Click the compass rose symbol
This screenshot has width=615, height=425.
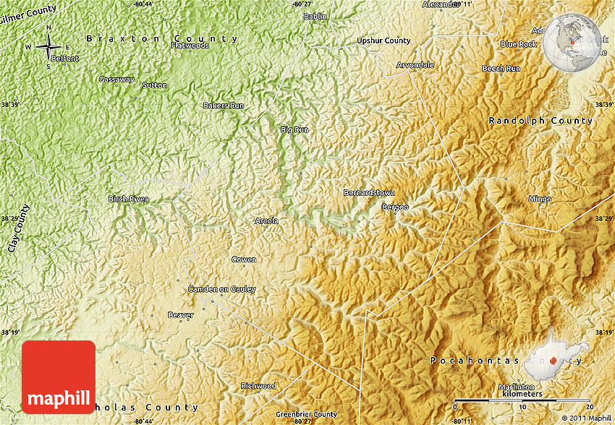click(x=48, y=48)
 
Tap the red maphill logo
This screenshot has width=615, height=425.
click(x=59, y=377)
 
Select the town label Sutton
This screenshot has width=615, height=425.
click(x=154, y=85)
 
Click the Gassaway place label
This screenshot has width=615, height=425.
click(x=116, y=79)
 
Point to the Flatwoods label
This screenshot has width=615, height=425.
click(x=190, y=46)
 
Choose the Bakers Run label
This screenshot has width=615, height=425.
click(x=224, y=106)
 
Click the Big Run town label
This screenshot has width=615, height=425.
click(x=294, y=129)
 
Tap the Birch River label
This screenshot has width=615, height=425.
click(x=128, y=199)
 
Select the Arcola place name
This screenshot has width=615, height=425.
click(x=266, y=221)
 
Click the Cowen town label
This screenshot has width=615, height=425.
click(x=243, y=259)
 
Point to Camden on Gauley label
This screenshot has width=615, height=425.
click(x=222, y=289)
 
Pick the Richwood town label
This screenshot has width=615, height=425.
click(x=258, y=386)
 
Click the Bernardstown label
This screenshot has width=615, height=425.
click(x=369, y=193)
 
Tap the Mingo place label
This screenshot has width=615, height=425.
click(x=540, y=199)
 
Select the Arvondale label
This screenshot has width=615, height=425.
click(x=415, y=65)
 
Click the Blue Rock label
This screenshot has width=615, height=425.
click(x=519, y=44)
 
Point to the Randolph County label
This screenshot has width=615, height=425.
click(x=540, y=121)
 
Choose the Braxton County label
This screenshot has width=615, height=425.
click(x=162, y=38)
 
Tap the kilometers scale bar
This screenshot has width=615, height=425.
click(x=522, y=399)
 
